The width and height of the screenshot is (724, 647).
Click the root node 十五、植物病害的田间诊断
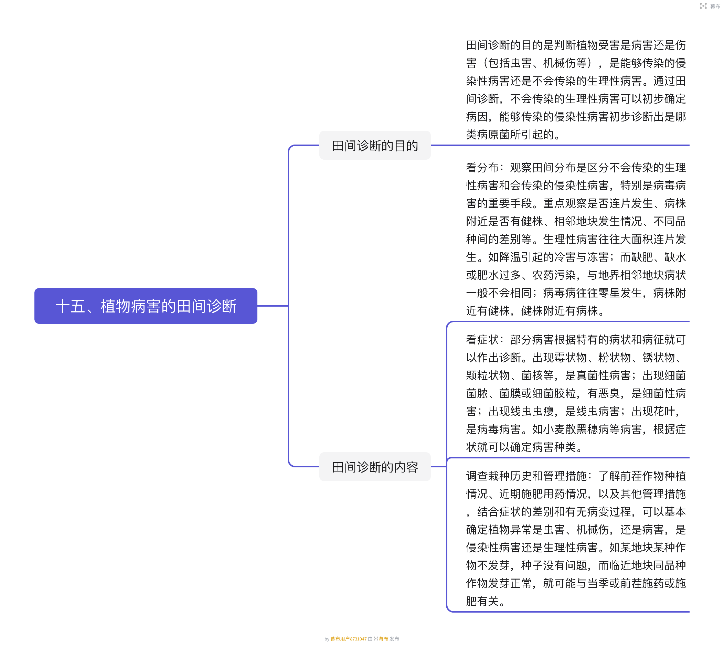pyautogui.click(x=146, y=306)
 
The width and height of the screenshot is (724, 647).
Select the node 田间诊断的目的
pyautogui.click(x=375, y=145)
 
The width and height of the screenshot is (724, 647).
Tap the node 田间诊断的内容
pyautogui.click(x=375, y=467)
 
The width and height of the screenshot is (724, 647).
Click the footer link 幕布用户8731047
pyautogui.click(x=348, y=639)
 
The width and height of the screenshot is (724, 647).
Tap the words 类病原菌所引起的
pyautogui.click(x=510, y=135)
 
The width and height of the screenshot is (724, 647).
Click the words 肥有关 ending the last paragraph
pyautogui.click(x=482, y=602)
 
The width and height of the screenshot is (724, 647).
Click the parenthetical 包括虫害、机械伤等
pyautogui.click(x=537, y=63)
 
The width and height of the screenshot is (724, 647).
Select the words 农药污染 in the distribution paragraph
pyautogui.click(x=554, y=275)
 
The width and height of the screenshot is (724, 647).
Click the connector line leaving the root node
pyautogui.click(x=273, y=306)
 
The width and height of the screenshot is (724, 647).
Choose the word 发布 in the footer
pyautogui.click(x=394, y=639)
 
